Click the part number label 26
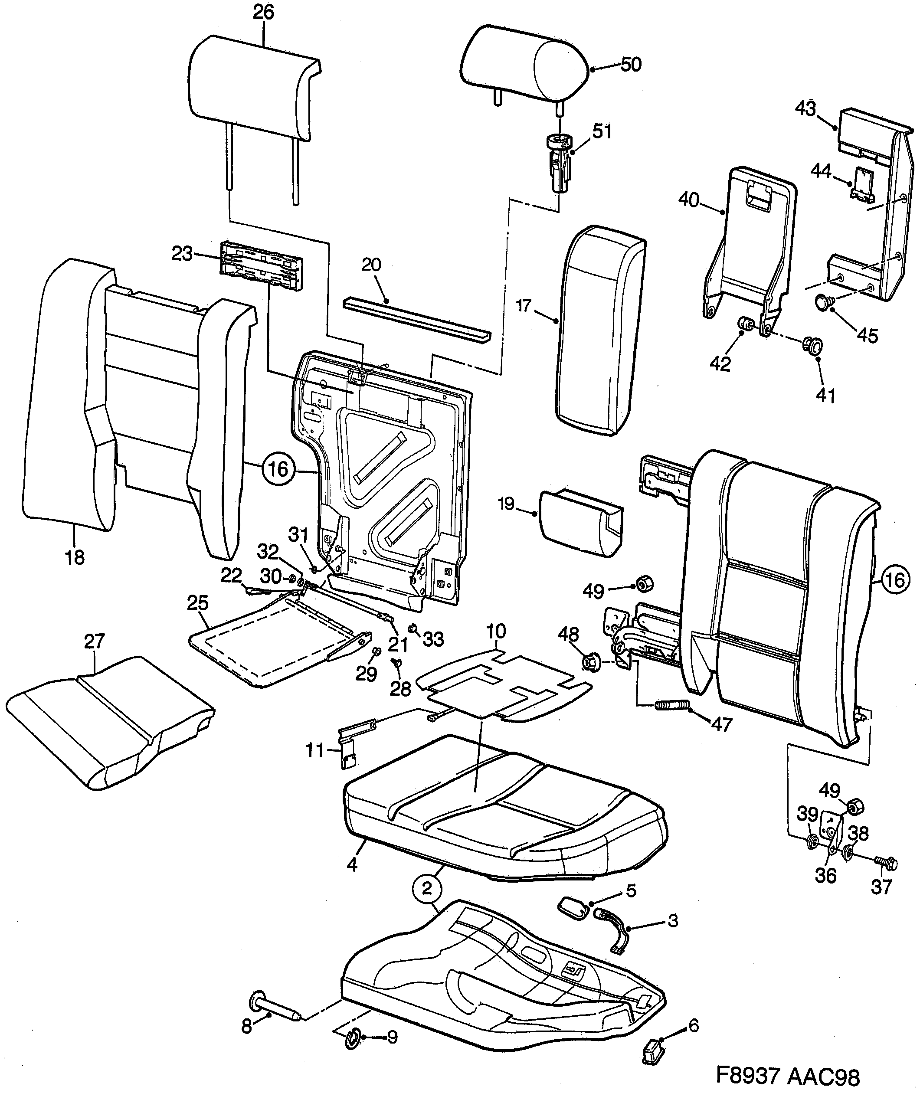[x=263, y=13]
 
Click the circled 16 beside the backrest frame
[x=278, y=469]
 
